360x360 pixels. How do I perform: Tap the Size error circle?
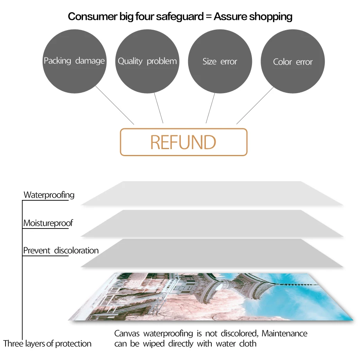tap(220, 61)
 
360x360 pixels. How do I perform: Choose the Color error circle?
tap(293, 61)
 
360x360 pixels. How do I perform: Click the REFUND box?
tap(184, 142)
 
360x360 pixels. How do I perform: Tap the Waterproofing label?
tap(49, 194)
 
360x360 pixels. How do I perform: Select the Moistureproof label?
tap(48, 223)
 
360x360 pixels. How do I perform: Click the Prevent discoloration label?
tap(61, 250)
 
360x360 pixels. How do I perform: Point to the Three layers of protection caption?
tap(47, 344)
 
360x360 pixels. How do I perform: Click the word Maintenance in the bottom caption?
tap(284, 333)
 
